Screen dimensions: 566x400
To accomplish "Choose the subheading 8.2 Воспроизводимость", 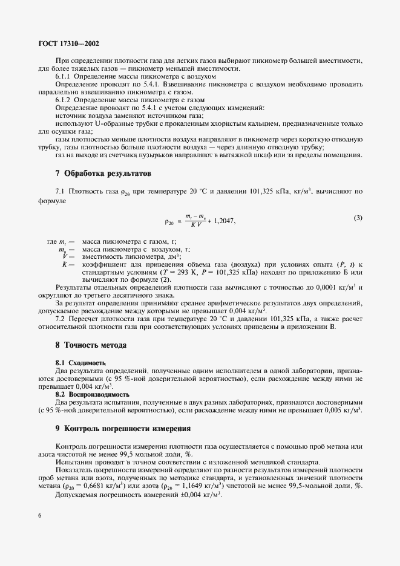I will coord(92,394).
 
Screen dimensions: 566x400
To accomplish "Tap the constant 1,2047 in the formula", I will coord(221,221).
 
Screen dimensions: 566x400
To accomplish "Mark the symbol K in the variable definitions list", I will coord(65,264).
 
